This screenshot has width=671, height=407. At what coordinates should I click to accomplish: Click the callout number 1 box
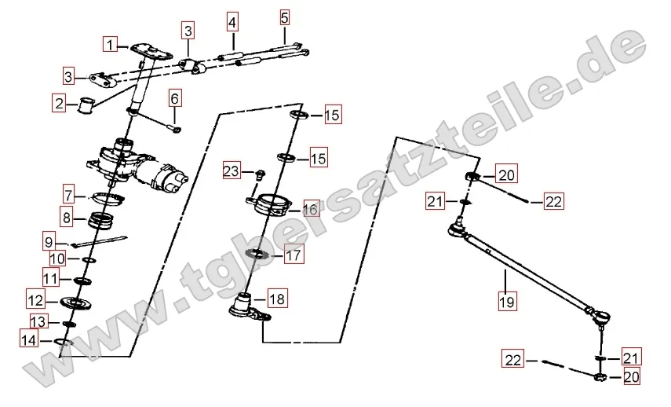pos(111,45)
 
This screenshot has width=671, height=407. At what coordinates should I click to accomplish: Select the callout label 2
pos(59,103)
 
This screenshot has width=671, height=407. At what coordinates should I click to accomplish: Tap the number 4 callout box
pos(232,22)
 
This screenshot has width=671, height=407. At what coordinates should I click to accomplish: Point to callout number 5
pos(285,18)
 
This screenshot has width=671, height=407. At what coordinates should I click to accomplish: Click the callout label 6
pos(174,99)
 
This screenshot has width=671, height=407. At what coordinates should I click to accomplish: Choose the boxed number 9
pos(49,243)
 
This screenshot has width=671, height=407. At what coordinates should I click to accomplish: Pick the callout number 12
pos(35,300)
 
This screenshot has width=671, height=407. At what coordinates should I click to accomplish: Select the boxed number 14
pos(29,340)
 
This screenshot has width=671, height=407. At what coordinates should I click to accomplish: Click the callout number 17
pos(294,256)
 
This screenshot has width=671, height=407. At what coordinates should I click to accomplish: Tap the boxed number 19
pos(507,302)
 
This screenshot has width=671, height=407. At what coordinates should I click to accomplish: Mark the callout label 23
pos(232,171)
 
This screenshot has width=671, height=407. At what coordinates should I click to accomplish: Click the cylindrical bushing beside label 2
pos(86,106)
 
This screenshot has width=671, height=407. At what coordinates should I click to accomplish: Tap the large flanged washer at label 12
pos(77,302)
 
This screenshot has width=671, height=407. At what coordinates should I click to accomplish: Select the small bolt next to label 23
pos(260,174)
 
